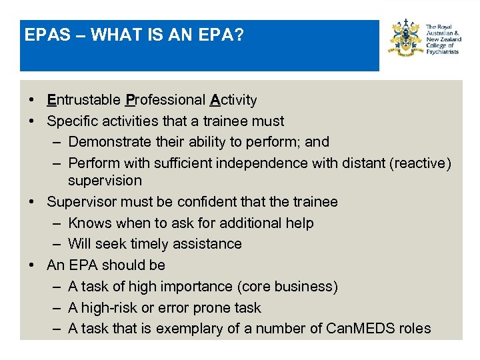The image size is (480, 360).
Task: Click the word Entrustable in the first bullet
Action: pos(83,100)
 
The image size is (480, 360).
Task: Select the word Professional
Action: pos(165,100)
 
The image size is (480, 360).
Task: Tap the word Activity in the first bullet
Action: pos(233,100)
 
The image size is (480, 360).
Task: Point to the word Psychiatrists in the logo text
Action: pos(442,51)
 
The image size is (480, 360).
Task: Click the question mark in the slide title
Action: pos(239,35)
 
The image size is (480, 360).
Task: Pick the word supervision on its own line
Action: pos(105,181)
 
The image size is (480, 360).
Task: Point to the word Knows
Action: pos(90,223)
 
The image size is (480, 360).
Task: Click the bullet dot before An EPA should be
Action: pos(31,265)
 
